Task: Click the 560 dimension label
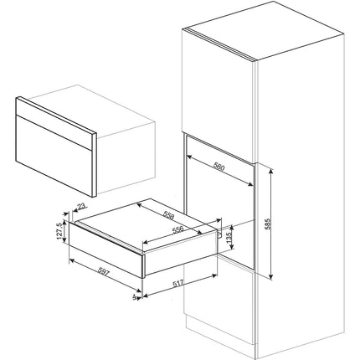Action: tap(219, 167)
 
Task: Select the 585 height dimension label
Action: tap(268, 224)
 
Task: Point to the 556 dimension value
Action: tap(177, 229)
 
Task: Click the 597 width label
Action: tap(104, 271)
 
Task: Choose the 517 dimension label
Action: tap(177, 284)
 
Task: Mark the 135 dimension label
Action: tap(230, 237)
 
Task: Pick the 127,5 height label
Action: tap(59, 231)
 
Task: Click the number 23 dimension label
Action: tap(82, 207)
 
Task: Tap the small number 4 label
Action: tap(135, 296)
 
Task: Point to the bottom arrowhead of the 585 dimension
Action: tap(270, 276)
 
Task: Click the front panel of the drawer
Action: tap(106, 249)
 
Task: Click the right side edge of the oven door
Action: tap(94, 164)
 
